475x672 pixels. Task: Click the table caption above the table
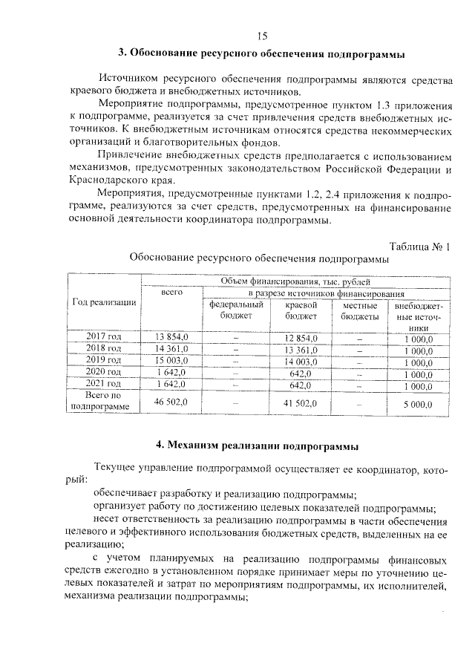click(x=259, y=260)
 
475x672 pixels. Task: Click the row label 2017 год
click(x=104, y=338)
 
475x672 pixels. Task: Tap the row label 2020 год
click(x=104, y=371)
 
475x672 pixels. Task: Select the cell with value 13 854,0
click(x=171, y=338)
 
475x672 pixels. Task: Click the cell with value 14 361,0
click(x=171, y=349)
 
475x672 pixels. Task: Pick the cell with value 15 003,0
click(x=171, y=360)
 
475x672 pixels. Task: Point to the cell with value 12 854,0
click(x=301, y=338)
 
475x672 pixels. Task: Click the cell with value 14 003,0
click(x=301, y=360)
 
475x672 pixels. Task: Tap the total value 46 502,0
click(x=171, y=402)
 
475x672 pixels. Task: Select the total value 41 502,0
click(x=301, y=402)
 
